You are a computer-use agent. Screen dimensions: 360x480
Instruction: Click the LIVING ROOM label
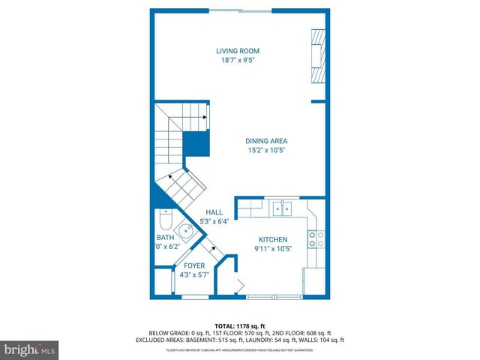pyautogui.click(x=238, y=51)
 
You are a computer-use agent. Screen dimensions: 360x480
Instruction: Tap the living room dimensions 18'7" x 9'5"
pyautogui.click(x=238, y=61)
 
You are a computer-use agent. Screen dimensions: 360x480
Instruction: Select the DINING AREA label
pyautogui.click(x=267, y=141)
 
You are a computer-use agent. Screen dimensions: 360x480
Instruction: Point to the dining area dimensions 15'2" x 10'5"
pyautogui.click(x=267, y=150)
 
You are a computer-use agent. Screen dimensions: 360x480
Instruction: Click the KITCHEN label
pyautogui.click(x=272, y=239)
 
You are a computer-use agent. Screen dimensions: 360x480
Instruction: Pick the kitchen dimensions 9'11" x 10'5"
pyautogui.click(x=272, y=248)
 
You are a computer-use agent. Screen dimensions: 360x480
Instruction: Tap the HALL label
pyautogui.click(x=214, y=212)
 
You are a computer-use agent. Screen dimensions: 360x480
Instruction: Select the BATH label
pyautogui.click(x=165, y=237)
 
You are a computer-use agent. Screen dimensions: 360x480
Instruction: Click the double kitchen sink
pyautogui.click(x=282, y=207)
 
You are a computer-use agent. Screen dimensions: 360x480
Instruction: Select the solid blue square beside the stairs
pyautogui.click(x=196, y=142)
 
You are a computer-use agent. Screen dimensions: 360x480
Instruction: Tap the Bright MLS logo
pyautogui.click(x=30, y=349)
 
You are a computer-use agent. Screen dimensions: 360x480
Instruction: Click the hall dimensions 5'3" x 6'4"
pyautogui.click(x=214, y=221)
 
